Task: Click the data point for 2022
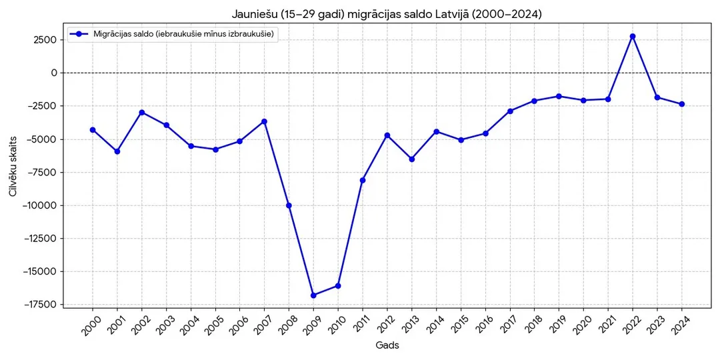tap(632, 36)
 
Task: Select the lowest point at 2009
tap(313, 295)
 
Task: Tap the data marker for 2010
tap(338, 285)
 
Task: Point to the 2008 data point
tap(289, 205)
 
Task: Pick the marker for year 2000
tap(93, 130)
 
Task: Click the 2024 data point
tap(681, 104)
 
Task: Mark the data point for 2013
tap(411, 159)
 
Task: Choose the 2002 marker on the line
tap(142, 113)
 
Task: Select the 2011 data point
tap(362, 180)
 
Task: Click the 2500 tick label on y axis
tap(47, 40)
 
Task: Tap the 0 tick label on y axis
tap(54, 73)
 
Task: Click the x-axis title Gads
tap(387, 345)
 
